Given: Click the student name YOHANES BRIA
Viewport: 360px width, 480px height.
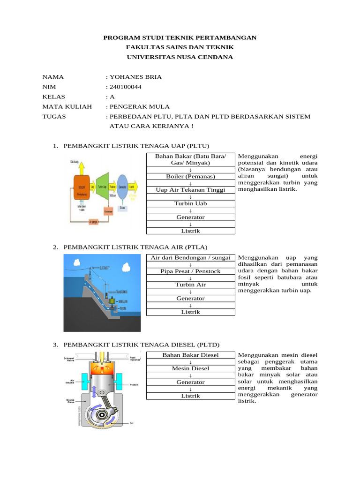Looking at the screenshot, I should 135,77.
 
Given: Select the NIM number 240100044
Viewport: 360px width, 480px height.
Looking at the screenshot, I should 126,87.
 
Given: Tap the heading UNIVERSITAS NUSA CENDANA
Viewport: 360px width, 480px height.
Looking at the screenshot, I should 180,57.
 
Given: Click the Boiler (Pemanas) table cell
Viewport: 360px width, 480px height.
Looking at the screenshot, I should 191,176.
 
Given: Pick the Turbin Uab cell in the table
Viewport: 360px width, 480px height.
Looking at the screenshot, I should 191,203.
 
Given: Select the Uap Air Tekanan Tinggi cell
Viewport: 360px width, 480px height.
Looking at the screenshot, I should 191,190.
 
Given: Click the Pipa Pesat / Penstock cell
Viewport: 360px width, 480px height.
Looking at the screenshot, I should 191,271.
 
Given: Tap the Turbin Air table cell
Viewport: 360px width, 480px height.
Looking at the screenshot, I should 191,285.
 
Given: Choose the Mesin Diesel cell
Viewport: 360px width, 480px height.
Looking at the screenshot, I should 191,368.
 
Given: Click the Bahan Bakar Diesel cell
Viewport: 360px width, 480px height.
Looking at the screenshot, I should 191,355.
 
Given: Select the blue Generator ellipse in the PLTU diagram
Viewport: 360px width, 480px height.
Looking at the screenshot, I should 123,187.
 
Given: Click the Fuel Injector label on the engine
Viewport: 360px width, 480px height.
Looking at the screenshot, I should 135,359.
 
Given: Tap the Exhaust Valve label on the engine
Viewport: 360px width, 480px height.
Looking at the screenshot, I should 70,359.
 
